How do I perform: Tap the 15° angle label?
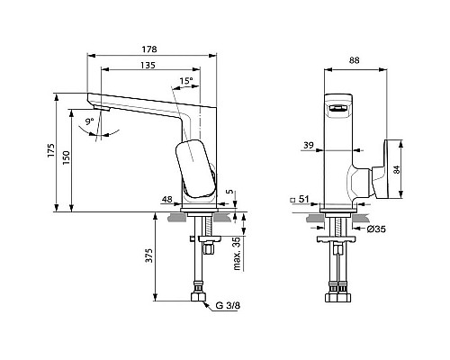pos(186,81)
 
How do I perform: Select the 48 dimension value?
pos(167,199)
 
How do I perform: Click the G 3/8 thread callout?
pos(227,307)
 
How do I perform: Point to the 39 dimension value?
pos(309,145)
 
